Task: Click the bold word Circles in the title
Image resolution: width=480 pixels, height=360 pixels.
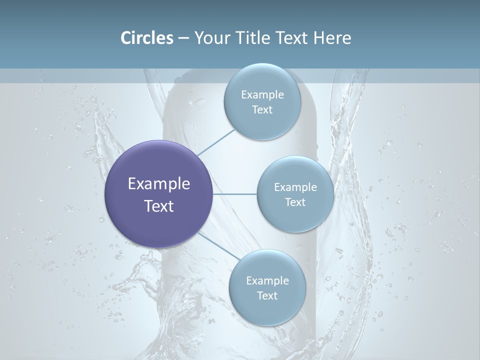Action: tap(147, 38)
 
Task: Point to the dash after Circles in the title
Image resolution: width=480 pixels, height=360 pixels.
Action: tap(183, 38)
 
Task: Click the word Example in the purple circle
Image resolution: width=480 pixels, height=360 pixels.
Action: tap(159, 184)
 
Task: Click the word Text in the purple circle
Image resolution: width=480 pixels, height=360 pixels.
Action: tap(159, 206)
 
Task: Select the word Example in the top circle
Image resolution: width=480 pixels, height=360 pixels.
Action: tap(262, 94)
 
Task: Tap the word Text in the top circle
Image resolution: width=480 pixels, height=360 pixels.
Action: tap(262, 110)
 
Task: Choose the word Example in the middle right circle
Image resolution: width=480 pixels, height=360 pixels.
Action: tap(295, 187)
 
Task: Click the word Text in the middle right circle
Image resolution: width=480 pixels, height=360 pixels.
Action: tap(295, 202)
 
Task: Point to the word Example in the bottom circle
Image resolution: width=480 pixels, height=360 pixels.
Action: tap(267, 280)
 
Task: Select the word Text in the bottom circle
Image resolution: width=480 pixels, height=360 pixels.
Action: tap(267, 295)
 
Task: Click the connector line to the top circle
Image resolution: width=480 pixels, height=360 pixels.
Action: tap(215, 142)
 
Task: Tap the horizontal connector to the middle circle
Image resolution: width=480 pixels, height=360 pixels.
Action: tap(235, 194)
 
